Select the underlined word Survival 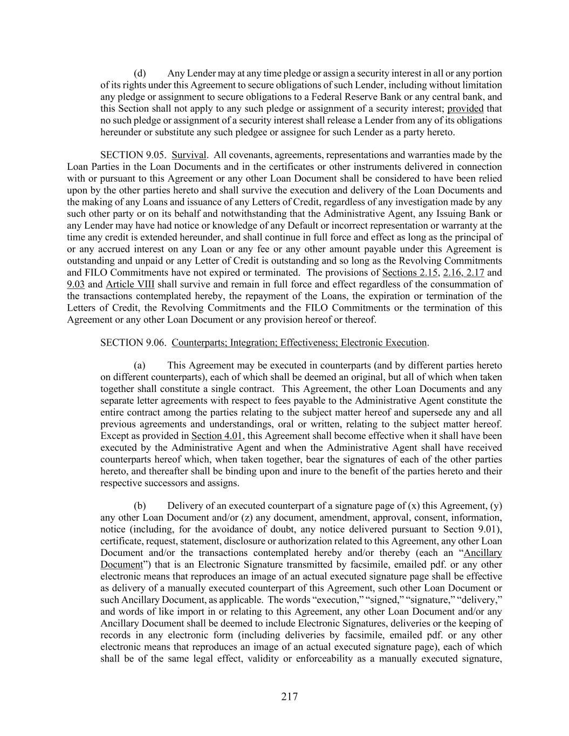click(189, 155)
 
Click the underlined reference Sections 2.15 click(410, 273)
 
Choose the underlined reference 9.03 click(76, 284)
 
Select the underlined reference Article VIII click(130, 284)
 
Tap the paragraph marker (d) click(140, 73)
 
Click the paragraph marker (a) click(140, 366)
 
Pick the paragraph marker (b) click(140, 506)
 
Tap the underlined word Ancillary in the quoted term click(483, 553)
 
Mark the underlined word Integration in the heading click(253, 342)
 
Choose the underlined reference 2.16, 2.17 click(463, 273)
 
